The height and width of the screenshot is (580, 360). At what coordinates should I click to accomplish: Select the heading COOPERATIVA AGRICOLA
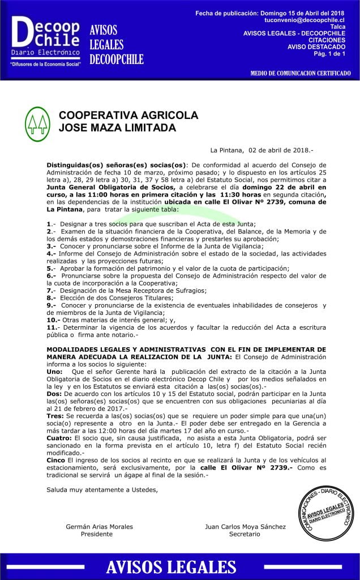coord(128,115)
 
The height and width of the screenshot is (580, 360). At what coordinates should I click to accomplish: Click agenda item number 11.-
coord(53,327)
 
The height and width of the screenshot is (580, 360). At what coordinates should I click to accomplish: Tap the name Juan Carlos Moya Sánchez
coord(245,527)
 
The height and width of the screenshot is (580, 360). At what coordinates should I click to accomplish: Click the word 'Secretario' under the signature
coord(245,534)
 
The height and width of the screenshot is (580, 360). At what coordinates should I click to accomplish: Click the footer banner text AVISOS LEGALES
coord(179,567)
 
